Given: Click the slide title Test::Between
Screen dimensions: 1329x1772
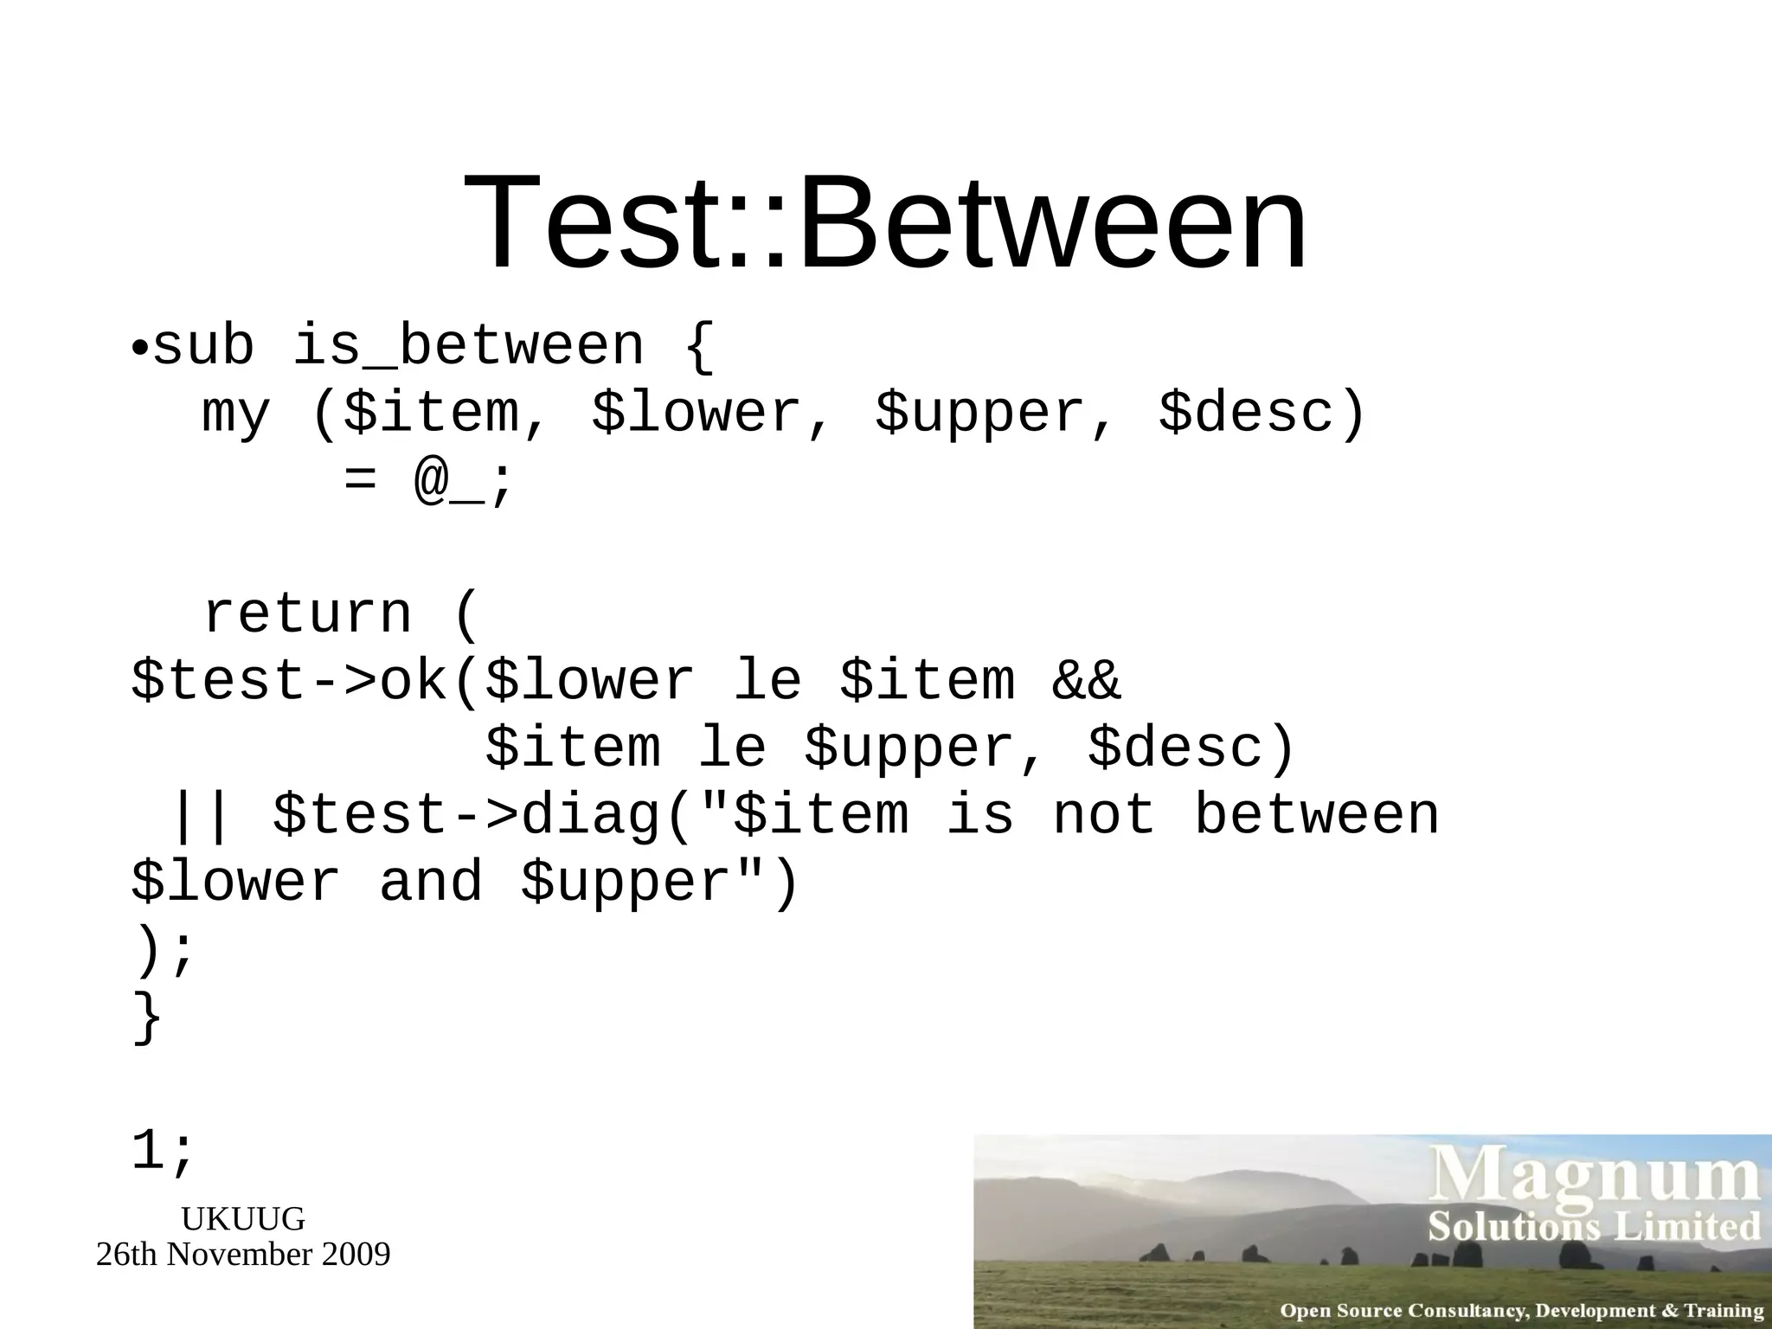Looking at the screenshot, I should [x=885, y=223].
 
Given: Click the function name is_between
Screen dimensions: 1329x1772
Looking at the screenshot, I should [x=468, y=345].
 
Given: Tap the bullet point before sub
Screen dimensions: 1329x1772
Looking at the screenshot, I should [x=139, y=350].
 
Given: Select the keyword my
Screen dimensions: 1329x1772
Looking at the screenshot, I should [x=235, y=414].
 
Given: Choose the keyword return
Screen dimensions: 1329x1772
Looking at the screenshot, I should [x=306, y=614].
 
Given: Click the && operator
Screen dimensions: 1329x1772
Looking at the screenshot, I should [x=1086, y=681].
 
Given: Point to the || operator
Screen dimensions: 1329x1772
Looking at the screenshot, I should [x=201, y=816].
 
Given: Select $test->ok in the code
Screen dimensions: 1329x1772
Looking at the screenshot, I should [x=289, y=681].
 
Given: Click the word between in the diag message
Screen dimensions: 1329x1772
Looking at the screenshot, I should [x=1316, y=816].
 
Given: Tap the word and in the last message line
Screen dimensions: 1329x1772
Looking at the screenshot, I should [x=431, y=883].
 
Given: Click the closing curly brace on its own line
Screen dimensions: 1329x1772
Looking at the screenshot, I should [x=147, y=1018].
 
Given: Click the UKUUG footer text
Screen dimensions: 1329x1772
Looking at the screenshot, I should [x=243, y=1219].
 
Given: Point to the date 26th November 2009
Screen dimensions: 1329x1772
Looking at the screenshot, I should [x=243, y=1255].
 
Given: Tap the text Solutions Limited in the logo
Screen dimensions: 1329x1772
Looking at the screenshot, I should [x=1594, y=1227].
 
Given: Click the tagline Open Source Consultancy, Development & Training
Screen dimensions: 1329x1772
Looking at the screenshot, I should [x=1521, y=1310].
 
